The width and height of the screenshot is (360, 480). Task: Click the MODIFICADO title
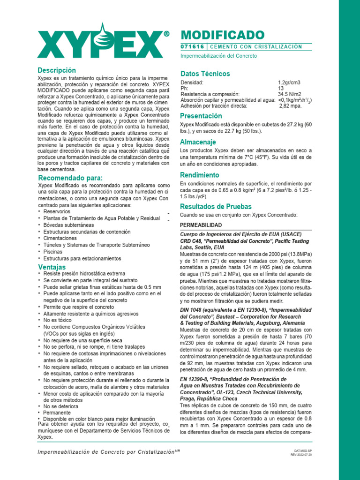[223, 35]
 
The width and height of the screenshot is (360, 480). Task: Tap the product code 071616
[192, 47]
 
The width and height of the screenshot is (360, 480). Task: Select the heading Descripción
[56, 70]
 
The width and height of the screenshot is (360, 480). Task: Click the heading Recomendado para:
[70, 178]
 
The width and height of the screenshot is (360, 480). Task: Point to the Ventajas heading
[52, 267]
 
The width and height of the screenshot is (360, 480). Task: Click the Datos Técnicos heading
[205, 74]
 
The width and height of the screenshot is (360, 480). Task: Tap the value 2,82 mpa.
[291, 106]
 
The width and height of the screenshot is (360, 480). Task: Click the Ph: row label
[184, 89]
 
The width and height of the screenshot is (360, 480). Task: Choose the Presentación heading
[201, 116]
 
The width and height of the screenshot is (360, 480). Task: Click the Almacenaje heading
[198, 142]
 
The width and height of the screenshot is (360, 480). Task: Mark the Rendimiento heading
[200, 175]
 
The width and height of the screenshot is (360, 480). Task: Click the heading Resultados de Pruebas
[216, 206]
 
